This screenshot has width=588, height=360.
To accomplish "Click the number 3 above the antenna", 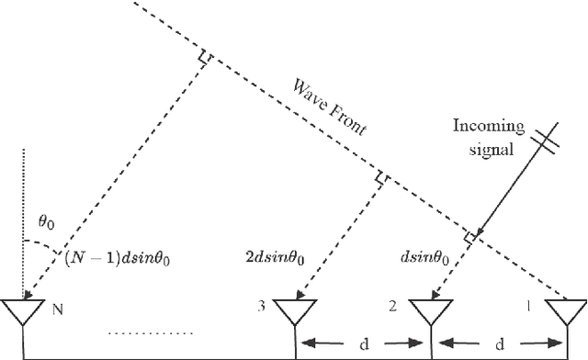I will coord(263,307).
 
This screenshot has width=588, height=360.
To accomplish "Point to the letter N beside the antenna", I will coord(58,308).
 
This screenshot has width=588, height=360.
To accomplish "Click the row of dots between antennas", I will coord(153,332).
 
